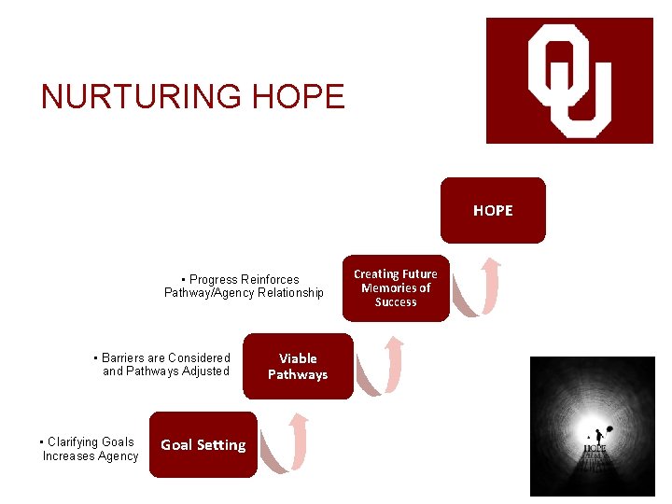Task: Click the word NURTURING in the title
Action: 135,96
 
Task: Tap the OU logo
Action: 569,80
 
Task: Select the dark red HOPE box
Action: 493,211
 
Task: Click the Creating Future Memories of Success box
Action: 396,288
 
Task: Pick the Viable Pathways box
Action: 298,367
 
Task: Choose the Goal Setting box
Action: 203,445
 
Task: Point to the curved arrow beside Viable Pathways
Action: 383,365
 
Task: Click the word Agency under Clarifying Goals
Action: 118,456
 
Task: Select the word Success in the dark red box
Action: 396,302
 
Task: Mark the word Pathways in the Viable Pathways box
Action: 298,375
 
